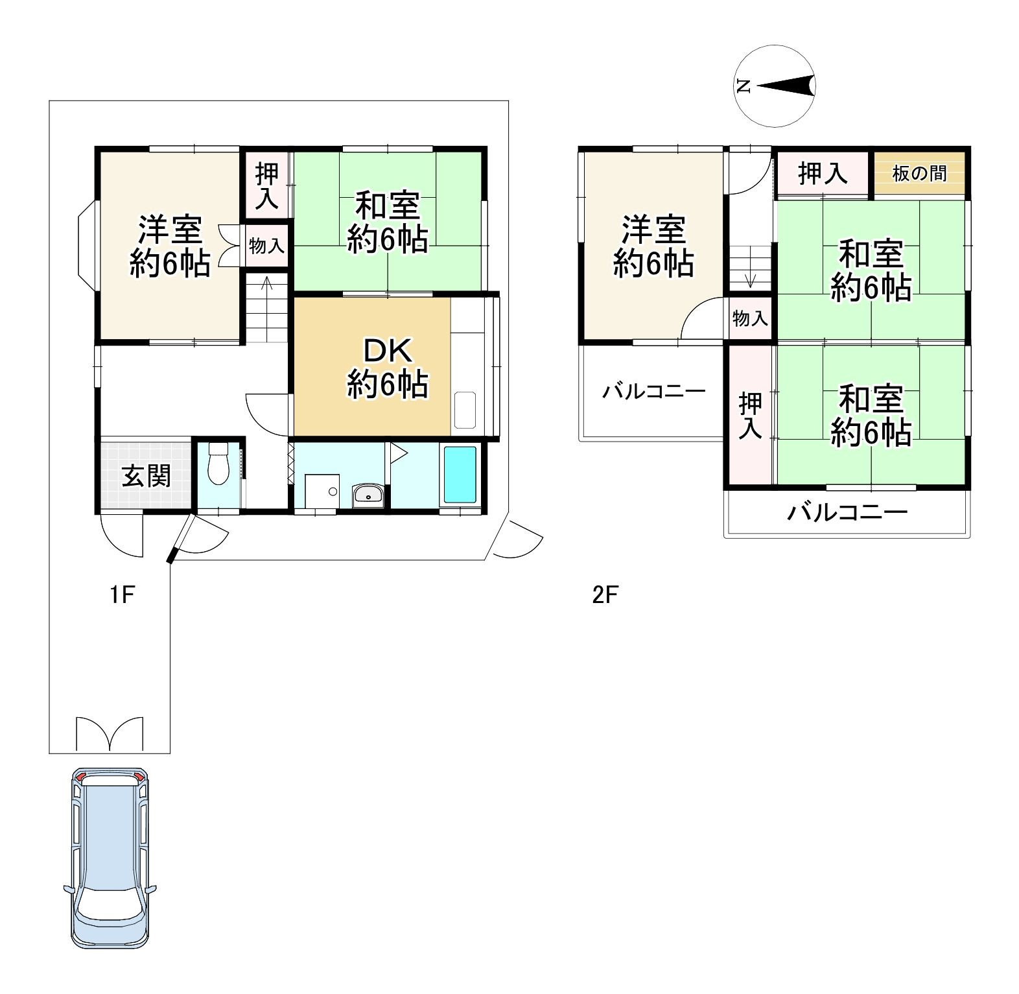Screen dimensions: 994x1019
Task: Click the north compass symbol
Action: coord(775,86)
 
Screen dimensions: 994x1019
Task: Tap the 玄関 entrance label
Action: coord(147,477)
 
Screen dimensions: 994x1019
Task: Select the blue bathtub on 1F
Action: coord(460,475)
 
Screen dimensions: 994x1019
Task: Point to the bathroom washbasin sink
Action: coord(369,496)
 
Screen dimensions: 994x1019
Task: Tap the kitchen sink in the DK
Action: coord(465,410)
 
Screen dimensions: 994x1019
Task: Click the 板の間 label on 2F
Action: coord(919,174)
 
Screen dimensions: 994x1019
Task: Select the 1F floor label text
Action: coord(121,594)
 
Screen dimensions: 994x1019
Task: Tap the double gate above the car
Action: coord(109,733)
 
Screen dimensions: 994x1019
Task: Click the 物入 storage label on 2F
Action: coord(750,318)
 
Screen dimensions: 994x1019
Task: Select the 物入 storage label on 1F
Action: coord(266,246)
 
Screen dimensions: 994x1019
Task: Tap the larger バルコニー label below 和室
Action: coord(847,514)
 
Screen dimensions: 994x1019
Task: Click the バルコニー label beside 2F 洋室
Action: coord(653,392)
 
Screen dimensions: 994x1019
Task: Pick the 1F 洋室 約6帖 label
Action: coord(170,247)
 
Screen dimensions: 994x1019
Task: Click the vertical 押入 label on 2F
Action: coord(750,416)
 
